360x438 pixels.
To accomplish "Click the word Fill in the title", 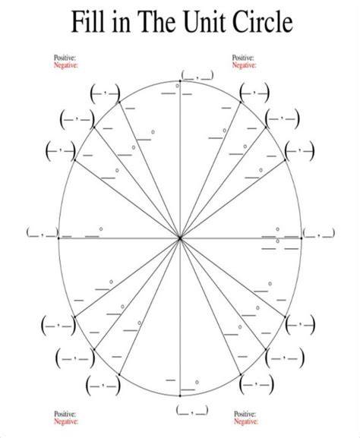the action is [x=89, y=21].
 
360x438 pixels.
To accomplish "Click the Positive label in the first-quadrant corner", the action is [x=243, y=58].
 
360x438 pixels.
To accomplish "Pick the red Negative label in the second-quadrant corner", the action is [x=65, y=65].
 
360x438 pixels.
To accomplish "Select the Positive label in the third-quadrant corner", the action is [x=65, y=414].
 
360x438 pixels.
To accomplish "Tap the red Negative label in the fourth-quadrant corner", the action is [x=246, y=421].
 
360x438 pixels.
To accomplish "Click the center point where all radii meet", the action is [x=180, y=238].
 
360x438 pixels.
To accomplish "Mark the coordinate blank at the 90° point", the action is [x=197, y=75].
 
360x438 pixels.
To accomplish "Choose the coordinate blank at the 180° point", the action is [x=43, y=232].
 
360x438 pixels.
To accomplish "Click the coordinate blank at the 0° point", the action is [x=319, y=232].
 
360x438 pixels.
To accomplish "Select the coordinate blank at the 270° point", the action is [x=192, y=410].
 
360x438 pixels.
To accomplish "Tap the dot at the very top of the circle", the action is [x=180, y=80].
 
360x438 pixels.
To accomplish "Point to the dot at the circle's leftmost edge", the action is [x=58, y=238].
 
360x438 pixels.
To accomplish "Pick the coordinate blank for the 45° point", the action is [x=283, y=118].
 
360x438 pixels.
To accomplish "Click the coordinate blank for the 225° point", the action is [x=75, y=358].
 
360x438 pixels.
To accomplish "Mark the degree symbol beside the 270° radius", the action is [x=197, y=382].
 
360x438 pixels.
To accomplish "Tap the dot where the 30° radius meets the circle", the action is [x=285, y=159].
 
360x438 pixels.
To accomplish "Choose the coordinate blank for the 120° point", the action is [x=105, y=94].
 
